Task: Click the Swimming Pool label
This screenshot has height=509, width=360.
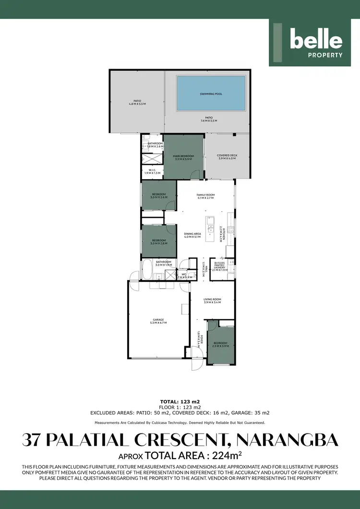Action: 211,94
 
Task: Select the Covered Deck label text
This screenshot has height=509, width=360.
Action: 227,156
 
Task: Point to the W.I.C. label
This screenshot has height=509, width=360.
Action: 152,170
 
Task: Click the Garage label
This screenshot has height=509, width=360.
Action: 158,320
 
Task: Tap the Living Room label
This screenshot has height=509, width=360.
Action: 213,299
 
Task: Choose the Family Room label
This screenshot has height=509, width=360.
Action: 205,195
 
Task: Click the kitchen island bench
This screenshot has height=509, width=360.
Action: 210,229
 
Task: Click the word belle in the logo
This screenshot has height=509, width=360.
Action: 316,40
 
